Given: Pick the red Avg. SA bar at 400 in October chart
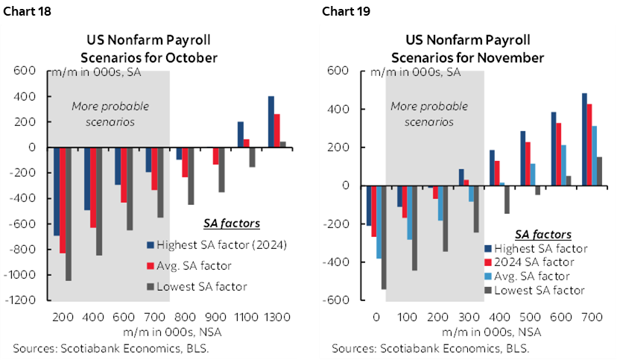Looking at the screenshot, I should (x=94, y=187).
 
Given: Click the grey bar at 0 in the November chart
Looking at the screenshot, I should (x=383, y=237).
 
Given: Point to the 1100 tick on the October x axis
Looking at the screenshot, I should (x=246, y=316).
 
